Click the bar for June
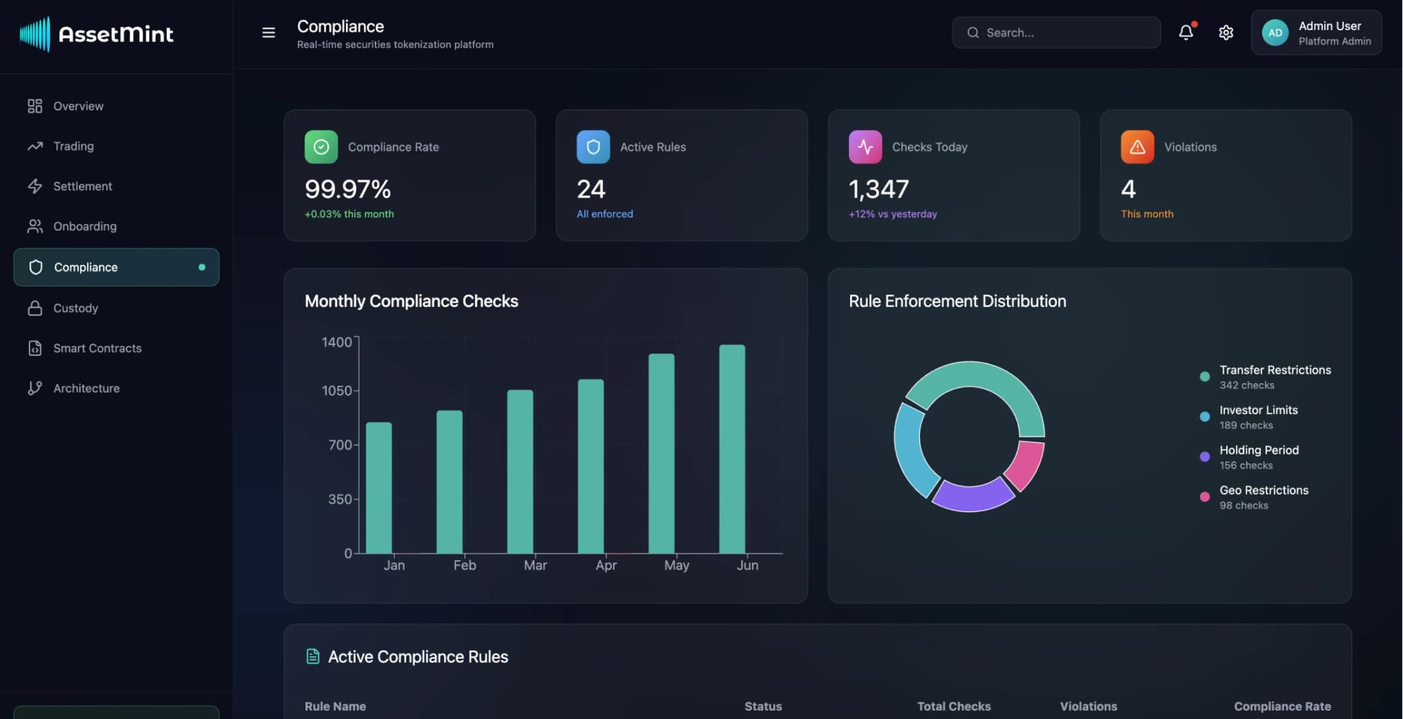pyautogui.click(x=732, y=449)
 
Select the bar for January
pyautogui.click(x=379, y=487)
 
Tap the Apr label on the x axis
pyautogui.click(x=606, y=565)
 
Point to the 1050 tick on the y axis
pyautogui.click(x=336, y=391)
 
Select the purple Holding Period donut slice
pyautogui.click(x=971, y=495)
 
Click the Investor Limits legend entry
pyautogui.click(x=1258, y=410)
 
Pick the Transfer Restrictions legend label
pyautogui.click(x=1274, y=370)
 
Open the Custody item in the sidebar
pyautogui.click(x=75, y=308)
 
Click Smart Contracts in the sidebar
pyautogui.click(x=97, y=348)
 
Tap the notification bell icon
pyautogui.click(x=1186, y=32)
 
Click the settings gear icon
pyautogui.click(x=1226, y=32)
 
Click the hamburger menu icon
pyautogui.click(x=269, y=32)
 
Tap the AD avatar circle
pyautogui.click(x=1275, y=32)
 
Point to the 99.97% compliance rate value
pyautogui.click(x=347, y=189)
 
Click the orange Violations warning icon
pyautogui.click(x=1137, y=147)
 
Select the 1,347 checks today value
pyautogui.click(x=878, y=189)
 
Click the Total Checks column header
pyautogui.click(x=954, y=706)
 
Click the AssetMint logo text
pyautogui.click(x=116, y=34)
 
